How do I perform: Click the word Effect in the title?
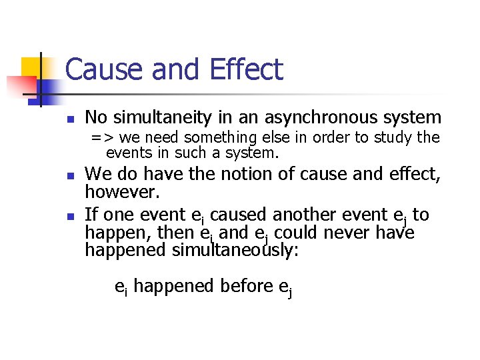point(246,70)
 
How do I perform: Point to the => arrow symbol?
point(101,138)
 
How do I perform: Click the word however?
point(115,192)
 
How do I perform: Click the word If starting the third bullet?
point(91,215)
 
